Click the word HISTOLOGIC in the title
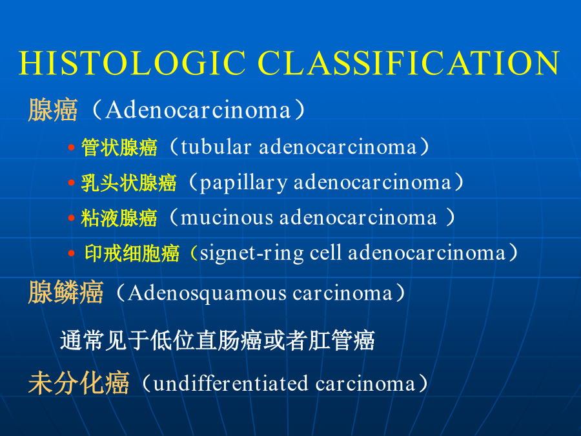pyautogui.click(x=132, y=63)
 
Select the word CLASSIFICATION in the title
pyautogui.click(x=409, y=63)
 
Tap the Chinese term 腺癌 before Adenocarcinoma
pyautogui.click(x=53, y=110)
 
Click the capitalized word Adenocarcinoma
pyautogui.click(x=198, y=110)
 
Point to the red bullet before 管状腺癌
pyautogui.click(x=72, y=147)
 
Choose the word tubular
pyautogui.click(x=216, y=147)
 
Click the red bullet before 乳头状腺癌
pyautogui.click(x=72, y=183)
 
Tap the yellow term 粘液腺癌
pyautogui.click(x=119, y=218)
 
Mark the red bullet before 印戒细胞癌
pyautogui.click(x=72, y=253)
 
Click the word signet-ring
pyautogui.click(x=252, y=254)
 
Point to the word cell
pyautogui.click(x=325, y=253)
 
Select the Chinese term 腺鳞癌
pyautogui.click(x=66, y=292)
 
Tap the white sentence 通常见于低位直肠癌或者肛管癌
pyautogui.click(x=218, y=340)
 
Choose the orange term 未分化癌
pyautogui.click(x=79, y=382)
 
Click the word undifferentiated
pyautogui.click(x=230, y=383)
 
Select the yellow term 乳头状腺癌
pyautogui.click(x=128, y=183)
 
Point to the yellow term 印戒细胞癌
pyautogui.click(x=132, y=253)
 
